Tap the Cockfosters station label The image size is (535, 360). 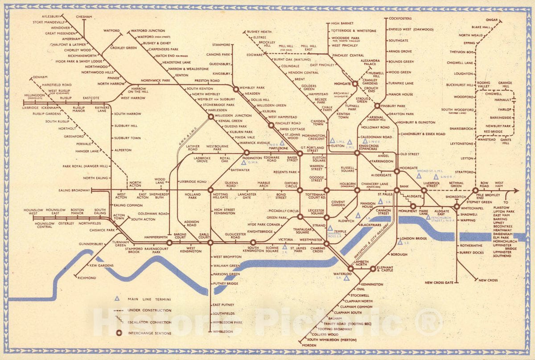click(400, 18)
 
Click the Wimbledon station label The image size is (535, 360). click(223, 331)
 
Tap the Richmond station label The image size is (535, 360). click(86, 278)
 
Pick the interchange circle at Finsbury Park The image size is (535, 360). click(377, 106)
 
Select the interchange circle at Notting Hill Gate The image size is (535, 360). click(210, 190)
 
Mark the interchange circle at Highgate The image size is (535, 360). click(355, 83)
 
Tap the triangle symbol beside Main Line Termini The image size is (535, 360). click(117, 299)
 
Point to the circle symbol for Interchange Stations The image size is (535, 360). click(119, 333)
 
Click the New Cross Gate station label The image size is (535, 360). click(439, 282)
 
